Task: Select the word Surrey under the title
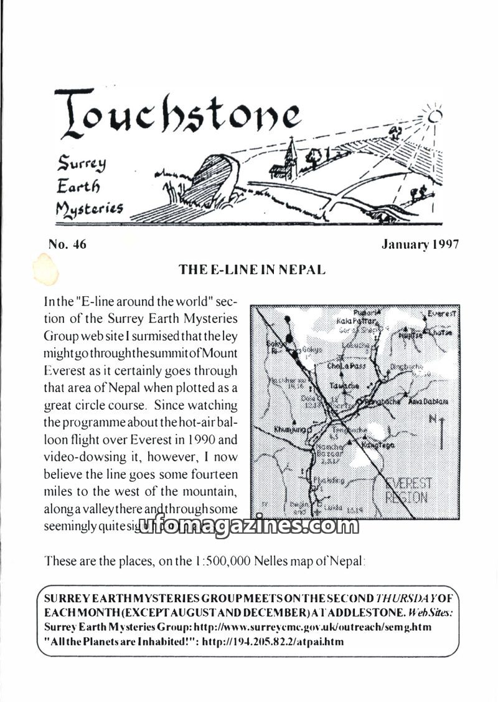(x=82, y=164)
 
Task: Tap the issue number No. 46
(x=67, y=244)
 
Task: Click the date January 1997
(x=420, y=244)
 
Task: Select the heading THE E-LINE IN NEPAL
(x=251, y=269)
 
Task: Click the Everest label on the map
(x=443, y=314)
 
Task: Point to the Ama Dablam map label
(x=428, y=401)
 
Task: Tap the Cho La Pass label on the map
(x=346, y=366)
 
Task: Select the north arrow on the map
(x=441, y=430)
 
